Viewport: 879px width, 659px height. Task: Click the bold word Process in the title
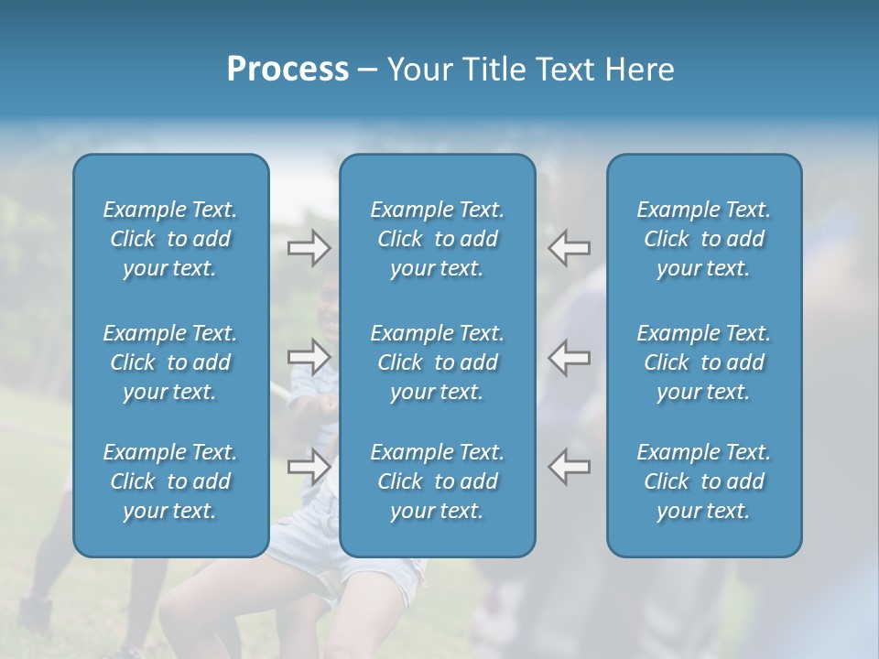[288, 70]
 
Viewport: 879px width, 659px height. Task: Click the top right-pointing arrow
[309, 247]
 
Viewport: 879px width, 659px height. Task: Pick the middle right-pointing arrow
[309, 357]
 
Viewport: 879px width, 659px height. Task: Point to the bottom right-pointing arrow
[309, 467]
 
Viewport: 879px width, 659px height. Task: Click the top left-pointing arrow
[570, 247]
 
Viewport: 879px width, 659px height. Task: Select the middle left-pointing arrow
[570, 357]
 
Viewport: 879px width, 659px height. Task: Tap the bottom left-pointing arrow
[570, 467]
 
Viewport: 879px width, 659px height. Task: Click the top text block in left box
[170, 239]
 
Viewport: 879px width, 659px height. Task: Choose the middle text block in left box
[170, 362]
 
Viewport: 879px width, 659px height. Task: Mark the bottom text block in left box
[170, 481]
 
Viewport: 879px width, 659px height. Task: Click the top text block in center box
[438, 239]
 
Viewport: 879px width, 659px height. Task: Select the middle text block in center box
[438, 362]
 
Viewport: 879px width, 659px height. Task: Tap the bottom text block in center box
[438, 481]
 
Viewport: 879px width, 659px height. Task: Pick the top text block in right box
[704, 239]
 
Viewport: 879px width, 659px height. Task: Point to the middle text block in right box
[704, 362]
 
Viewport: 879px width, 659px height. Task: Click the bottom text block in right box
[704, 481]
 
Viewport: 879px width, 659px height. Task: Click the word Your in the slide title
[418, 70]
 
